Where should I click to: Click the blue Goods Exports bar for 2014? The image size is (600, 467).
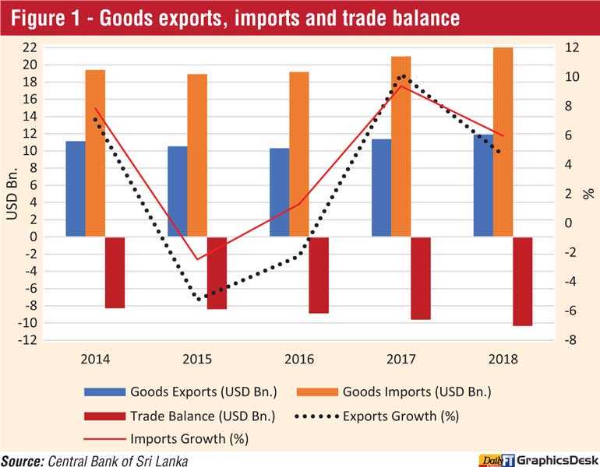coord(76,188)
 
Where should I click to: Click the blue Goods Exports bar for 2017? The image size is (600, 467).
coord(381,188)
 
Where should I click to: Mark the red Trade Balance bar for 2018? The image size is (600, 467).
coord(522,281)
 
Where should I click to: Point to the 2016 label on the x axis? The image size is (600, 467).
coord(299,360)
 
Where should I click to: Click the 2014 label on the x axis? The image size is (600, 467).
coord(95,360)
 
